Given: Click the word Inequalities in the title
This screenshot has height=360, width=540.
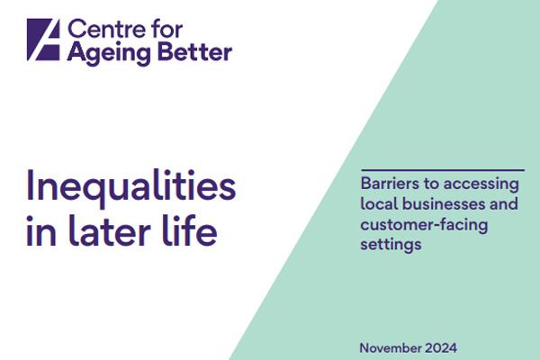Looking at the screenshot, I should click(131, 187).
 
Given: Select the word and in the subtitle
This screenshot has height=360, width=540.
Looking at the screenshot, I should click(504, 205).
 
